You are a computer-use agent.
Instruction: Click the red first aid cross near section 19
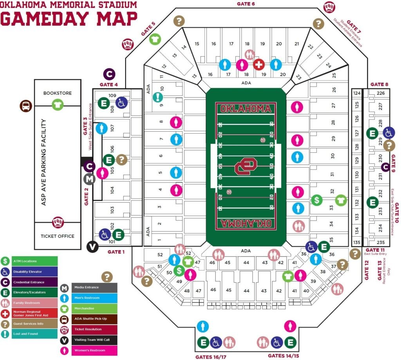pyautogui.click(x=259, y=64)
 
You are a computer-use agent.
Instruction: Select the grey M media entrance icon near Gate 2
pyautogui.click(x=90, y=179)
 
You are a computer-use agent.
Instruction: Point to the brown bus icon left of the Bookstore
pyautogui.click(x=26, y=106)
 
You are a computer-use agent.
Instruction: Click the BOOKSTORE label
pyautogui.click(x=58, y=93)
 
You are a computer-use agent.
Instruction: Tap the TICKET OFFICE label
pyautogui.click(x=58, y=236)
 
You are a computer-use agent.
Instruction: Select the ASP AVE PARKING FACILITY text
pyautogui.click(x=43, y=163)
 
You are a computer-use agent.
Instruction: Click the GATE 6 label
pyautogui.click(x=246, y=4)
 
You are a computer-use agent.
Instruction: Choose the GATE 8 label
pyautogui.click(x=379, y=84)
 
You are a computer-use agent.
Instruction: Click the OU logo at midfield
pyautogui.click(x=246, y=167)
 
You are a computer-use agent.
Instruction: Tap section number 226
pyautogui.click(x=381, y=93)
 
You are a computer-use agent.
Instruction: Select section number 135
pyautogui.click(x=356, y=242)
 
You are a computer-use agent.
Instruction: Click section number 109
pyautogui.click(x=112, y=96)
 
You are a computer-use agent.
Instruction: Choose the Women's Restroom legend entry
pyautogui.click(x=89, y=350)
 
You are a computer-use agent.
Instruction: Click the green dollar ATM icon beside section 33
pyautogui.click(x=317, y=200)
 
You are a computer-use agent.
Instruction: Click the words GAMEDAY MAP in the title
pyautogui.click(x=69, y=18)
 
